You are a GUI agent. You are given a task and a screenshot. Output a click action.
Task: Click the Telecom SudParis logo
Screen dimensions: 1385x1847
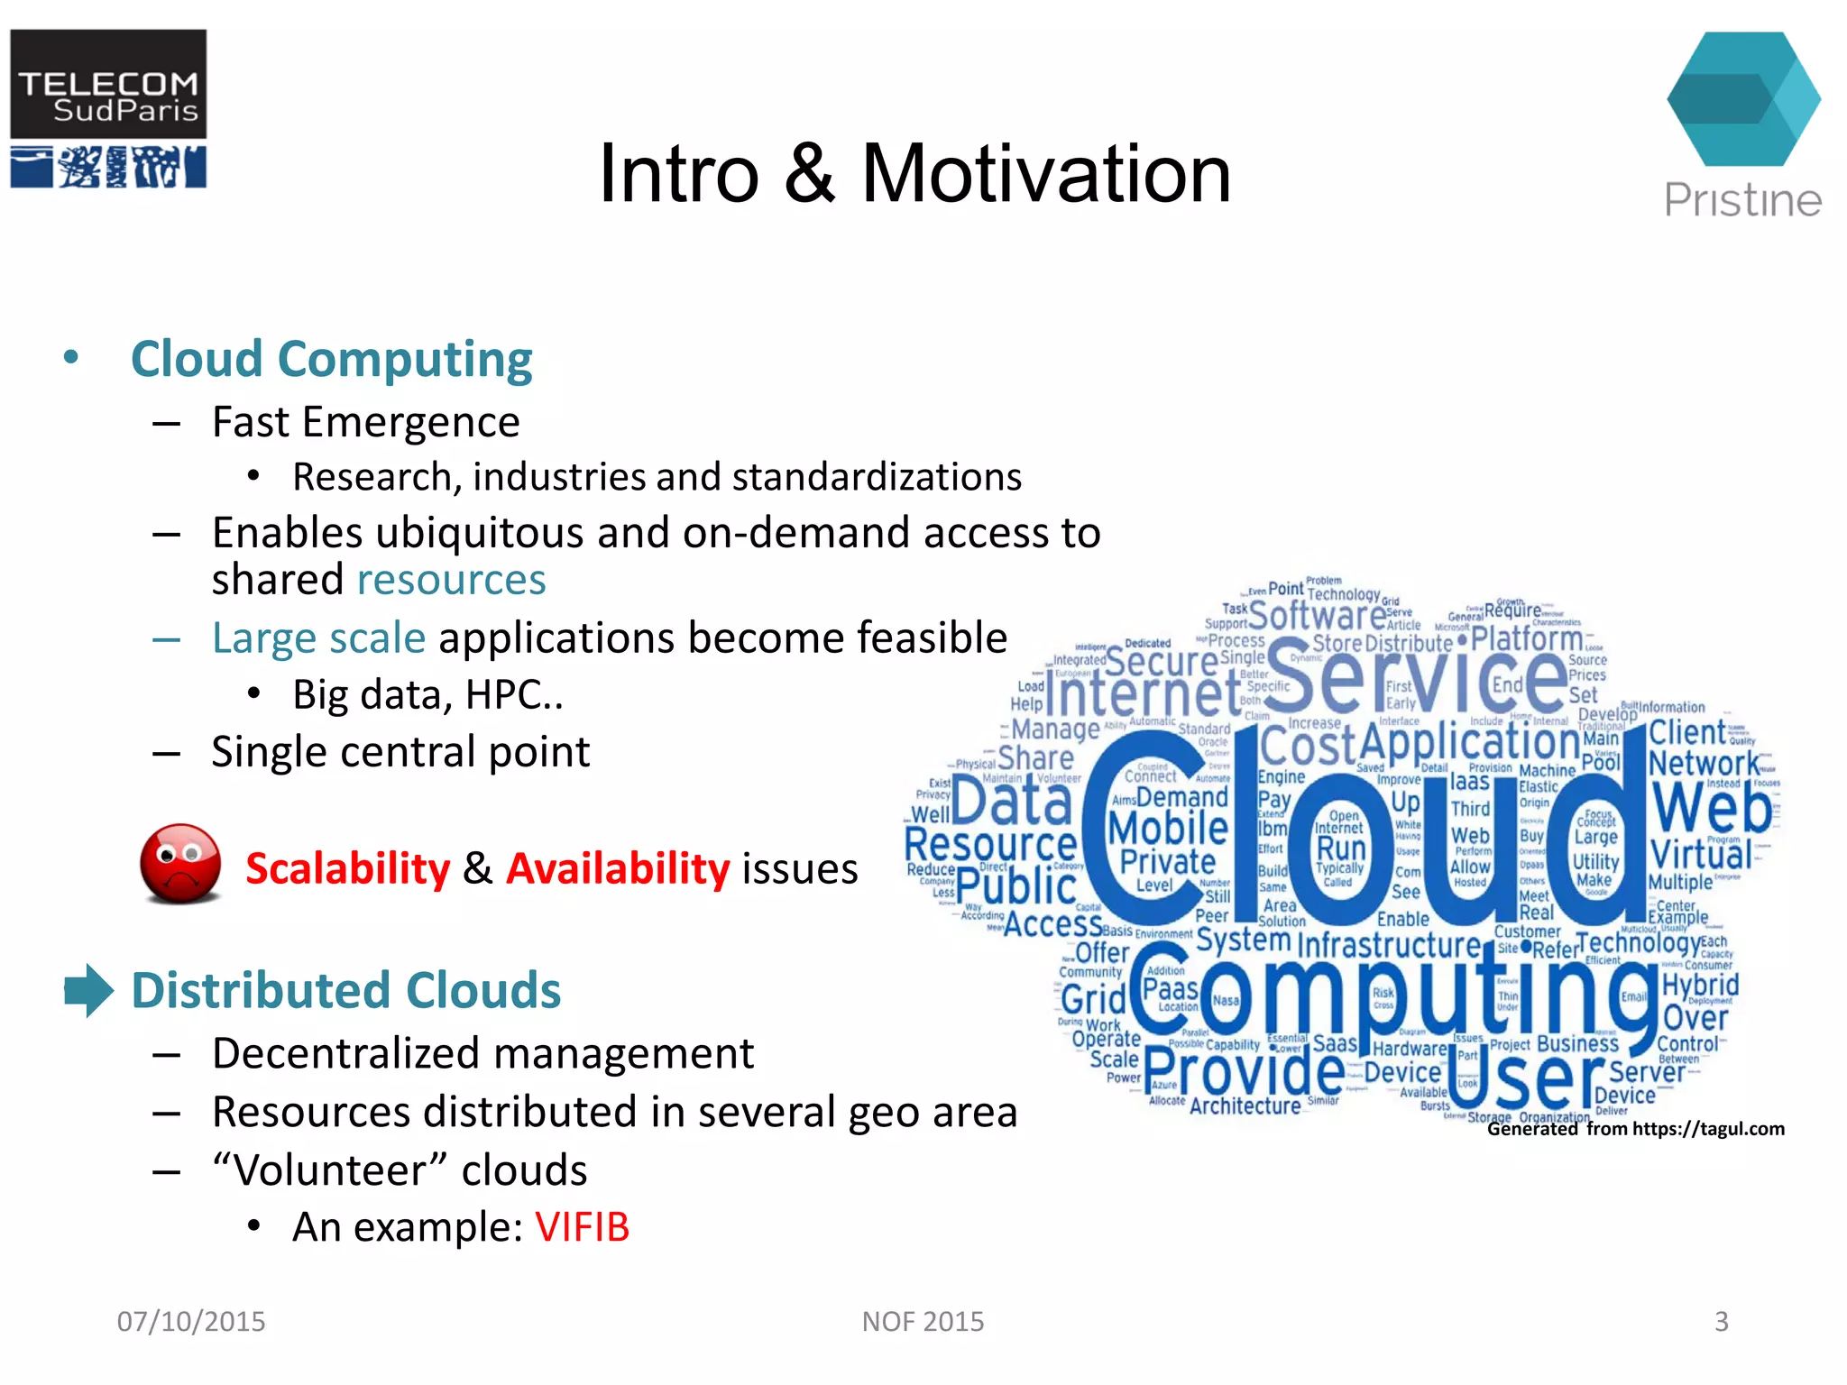tap(108, 108)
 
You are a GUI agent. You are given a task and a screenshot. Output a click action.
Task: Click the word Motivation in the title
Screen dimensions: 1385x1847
tap(1046, 174)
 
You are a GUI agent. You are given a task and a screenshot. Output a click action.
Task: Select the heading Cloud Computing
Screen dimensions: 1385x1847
tap(331, 359)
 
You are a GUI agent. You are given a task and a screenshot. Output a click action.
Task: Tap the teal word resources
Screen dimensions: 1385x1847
tap(451, 580)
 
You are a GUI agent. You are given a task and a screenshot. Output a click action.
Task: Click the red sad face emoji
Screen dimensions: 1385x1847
tap(180, 863)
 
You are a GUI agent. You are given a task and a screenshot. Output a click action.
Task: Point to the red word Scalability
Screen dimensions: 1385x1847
tap(347, 869)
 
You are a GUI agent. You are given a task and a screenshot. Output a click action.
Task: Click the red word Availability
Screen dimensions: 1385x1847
tap(618, 869)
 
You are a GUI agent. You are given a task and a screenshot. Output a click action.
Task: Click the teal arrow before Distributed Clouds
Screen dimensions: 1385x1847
tap(88, 990)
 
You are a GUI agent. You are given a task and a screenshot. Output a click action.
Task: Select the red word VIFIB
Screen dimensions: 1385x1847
tap(582, 1227)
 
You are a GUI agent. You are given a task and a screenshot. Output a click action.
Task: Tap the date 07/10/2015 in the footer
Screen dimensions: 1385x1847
tap(191, 1321)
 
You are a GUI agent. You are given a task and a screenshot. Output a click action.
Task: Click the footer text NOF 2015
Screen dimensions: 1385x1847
tap(923, 1321)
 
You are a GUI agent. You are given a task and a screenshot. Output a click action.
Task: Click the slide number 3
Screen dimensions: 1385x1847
tap(1721, 1321)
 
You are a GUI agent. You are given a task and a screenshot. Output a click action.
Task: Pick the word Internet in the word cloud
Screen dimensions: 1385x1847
tap(1144, 694)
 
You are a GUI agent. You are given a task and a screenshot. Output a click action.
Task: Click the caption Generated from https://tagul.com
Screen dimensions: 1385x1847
tap(1635, 1129)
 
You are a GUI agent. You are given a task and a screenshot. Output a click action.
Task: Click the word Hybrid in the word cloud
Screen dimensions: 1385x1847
tap(1700, 985)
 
